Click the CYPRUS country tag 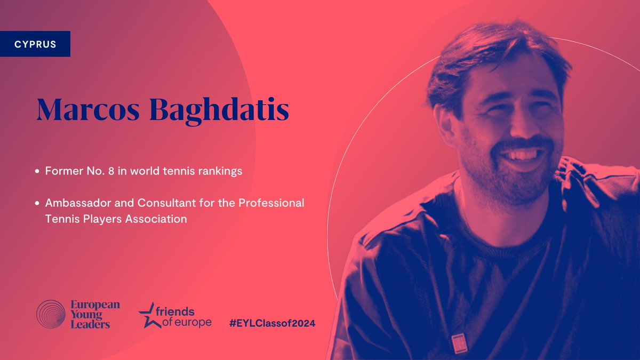[36, 44]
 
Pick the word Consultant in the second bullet [141, 203]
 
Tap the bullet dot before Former [37, 172]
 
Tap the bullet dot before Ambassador [37, 204]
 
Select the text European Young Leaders [95, 315]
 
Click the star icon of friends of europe [147, 316]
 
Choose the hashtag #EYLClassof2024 [271, 323]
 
